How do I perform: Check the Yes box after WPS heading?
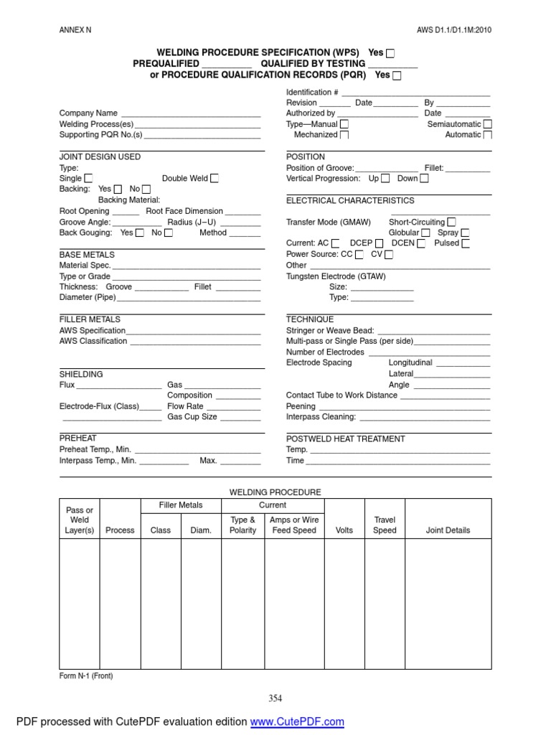coord(390,53)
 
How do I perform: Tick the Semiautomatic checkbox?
coord(488,124)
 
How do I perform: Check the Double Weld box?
coord(215,179)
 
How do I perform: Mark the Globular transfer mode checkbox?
coord(425,233)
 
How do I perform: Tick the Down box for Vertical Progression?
coord(425,179)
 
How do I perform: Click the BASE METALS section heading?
coord(87,255)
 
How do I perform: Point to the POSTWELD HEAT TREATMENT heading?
coord(345,439)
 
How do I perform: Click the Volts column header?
coord(344,530)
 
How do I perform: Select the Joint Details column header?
coord(448,530)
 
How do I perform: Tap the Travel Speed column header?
coord(385,525)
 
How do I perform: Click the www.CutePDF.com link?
coord(297,721)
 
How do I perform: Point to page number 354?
coord(275,698)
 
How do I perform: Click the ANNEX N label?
coord(75,30)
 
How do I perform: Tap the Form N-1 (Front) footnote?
coord(86,676)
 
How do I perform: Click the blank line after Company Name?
coord(190,113)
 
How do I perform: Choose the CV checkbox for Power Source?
coord(389,255)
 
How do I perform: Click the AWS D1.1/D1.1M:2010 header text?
coord(454,30)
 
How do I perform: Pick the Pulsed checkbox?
coord(466,243)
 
